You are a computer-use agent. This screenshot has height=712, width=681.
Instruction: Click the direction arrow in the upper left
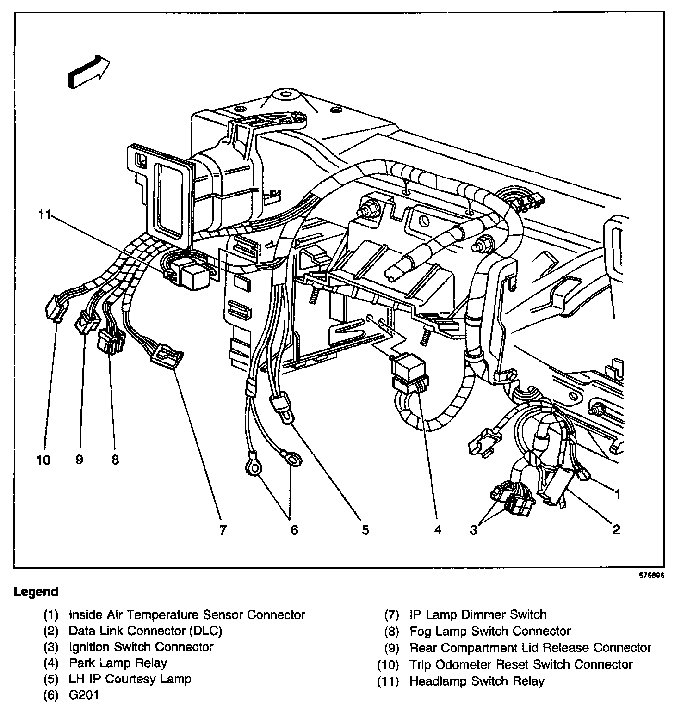tap(89, 72)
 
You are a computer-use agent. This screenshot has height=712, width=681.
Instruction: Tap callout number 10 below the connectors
tap(43, 460)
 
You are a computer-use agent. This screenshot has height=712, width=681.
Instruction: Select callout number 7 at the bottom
tap(223, 530)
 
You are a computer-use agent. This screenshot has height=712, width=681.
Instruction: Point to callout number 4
tap(437, 530)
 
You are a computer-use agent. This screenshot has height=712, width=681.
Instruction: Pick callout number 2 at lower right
tap(616, 530)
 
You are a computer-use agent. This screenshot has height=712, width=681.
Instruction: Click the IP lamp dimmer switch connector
tap(167, 358)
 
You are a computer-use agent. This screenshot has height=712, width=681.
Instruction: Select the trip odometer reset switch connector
tap(55, 309)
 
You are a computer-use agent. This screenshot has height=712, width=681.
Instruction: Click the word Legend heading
tap(36, 592)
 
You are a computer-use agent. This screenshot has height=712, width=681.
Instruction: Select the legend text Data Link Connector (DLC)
tap(145, 631)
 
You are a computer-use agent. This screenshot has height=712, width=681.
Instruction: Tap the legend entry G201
tap(84, 695)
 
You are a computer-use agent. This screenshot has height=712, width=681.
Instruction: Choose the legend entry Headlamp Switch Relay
tap(477, 681)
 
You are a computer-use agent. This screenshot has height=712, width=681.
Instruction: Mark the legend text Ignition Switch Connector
tap(141, 647)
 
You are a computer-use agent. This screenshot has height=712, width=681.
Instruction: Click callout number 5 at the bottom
tap(365, 530)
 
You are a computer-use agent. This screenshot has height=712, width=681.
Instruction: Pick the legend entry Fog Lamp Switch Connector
tap(490, 631)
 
